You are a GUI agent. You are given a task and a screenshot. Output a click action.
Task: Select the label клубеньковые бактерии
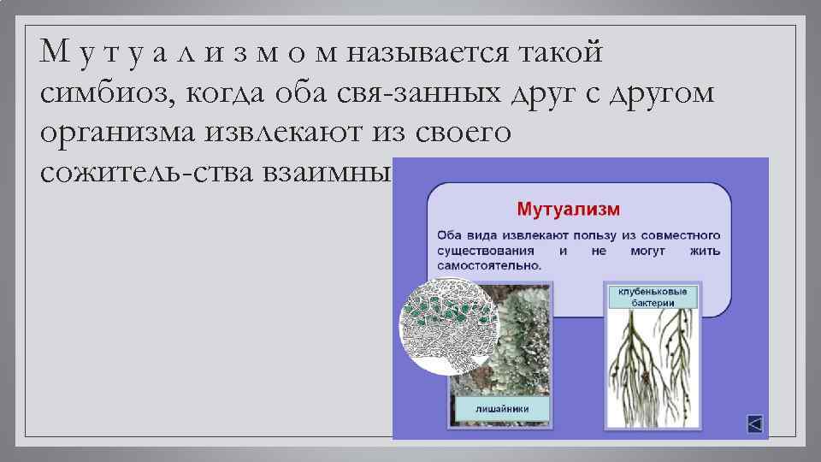pyautogui.click(x=653, y=297)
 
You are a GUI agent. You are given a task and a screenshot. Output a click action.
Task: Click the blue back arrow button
pyautogui.click(x=753, y=423)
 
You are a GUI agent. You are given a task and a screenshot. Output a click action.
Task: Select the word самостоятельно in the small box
pyautogui.click(x=489, y=265)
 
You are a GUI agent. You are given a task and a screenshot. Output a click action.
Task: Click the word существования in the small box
pyautogui.click(x=485, y=251)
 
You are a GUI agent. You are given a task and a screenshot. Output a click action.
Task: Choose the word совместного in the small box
pyautogui.click(x=678, y=235)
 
